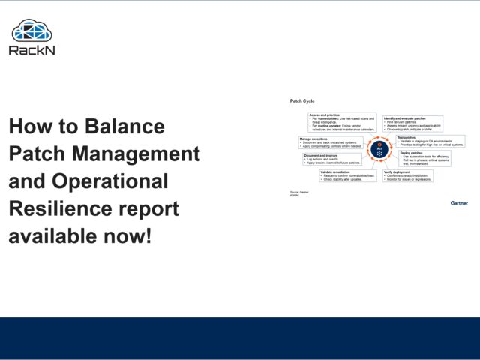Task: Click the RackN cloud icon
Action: coord(31,31)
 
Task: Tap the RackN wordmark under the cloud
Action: coord(31,50)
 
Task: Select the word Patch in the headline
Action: coord(37,154)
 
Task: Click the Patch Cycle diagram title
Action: coord(302,100)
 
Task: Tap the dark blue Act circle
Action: coord(379,150)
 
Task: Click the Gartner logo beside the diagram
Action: coord(458,202)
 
